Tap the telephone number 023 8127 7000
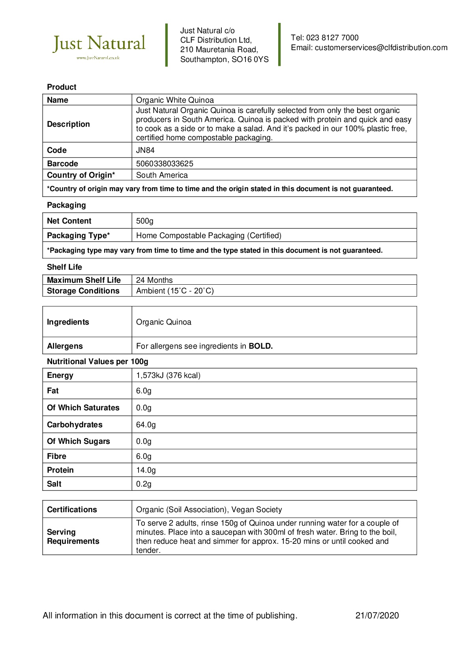(x=332, y=38)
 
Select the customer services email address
(x=381, y=48)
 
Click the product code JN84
(x=145, y=150)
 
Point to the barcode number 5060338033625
(x=165, y=164)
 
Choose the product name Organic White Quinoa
(x=175, y=100)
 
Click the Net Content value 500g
(x=145, y=221)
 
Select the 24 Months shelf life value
(x=154, y=280)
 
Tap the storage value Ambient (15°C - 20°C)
(x=175, y=291)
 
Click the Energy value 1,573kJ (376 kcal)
(x=168, y=376)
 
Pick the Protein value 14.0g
(x=146, y=470)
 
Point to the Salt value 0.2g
(x=144, y=484)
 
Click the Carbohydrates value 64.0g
(x=146, y=425)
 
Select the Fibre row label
(x=56, y=456)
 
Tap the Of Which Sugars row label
(x=78, y=441)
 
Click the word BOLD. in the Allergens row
(x=260, y=346)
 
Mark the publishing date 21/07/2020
(x=377, y=616)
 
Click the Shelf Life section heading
(x=64, y=267)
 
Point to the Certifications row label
(x=72, y=510)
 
